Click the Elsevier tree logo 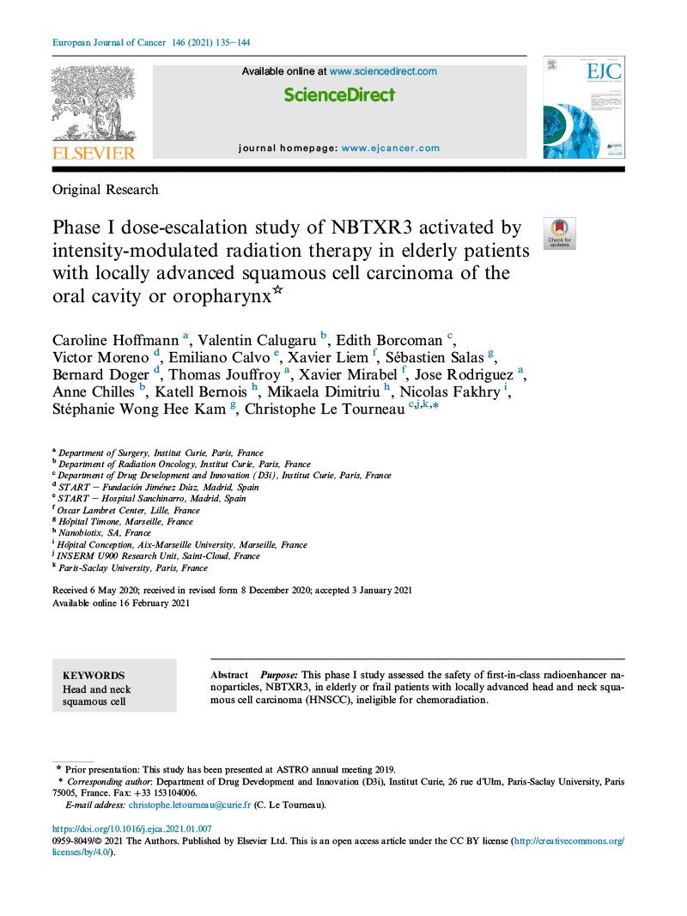[94, 103]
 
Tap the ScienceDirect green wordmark [339, 95]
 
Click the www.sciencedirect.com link [383, 71]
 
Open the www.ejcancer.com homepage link [391, 148]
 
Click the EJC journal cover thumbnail [583, 107]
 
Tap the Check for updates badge [559, 234]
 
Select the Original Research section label [106, 190]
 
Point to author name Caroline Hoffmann [116, 340]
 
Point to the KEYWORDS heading [94, 676]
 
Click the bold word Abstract [229, 676]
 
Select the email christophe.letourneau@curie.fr [189, 804]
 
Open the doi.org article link [131, 829]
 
